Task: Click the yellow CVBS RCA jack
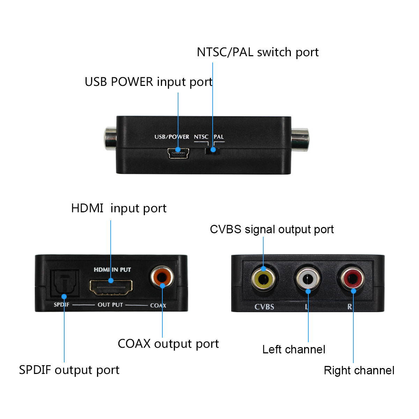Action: point(264,279)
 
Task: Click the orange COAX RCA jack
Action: point(162,277)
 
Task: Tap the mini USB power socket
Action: point(178,153)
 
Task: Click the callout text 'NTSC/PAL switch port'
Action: point(258,52)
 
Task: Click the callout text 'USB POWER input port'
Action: point(148,82)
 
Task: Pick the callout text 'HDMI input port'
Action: point(119,208)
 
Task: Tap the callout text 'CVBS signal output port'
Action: point(272,229)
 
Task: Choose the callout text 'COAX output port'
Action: point(168,344)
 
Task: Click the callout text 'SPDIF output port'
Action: point(69,370)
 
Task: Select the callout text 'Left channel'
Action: point(294,350)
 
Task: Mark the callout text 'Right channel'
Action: point(359,370)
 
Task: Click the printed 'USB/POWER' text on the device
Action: point(172,137)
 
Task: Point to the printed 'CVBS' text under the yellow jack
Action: point(264,307)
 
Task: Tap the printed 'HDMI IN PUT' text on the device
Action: point(112,270)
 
